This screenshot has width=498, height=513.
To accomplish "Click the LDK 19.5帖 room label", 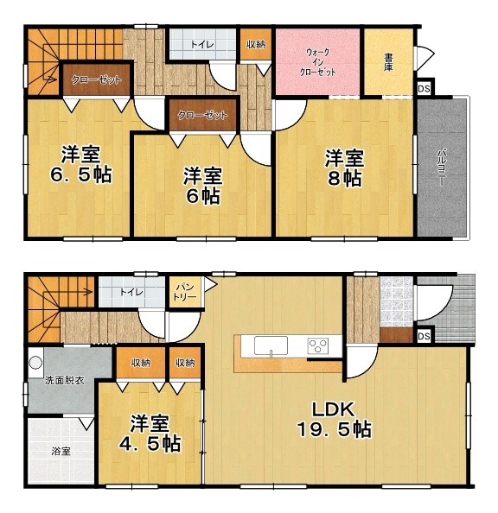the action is (x=334, y=420).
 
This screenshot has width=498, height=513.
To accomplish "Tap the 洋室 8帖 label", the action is (x=344, y=168).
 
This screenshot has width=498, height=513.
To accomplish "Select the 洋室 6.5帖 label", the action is (x=81, y=165).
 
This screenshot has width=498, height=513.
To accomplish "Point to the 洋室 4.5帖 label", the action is (x=150, y=434).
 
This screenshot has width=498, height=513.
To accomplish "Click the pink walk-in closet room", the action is (x=318, y=62).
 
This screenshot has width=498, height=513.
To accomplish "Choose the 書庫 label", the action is (x=388, y=62).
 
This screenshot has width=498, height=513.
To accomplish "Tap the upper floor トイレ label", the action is (x=202, y=44).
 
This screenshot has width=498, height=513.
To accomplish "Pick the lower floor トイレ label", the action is (x=131, y=292).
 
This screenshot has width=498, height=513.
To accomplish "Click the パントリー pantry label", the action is (x=185, y=292).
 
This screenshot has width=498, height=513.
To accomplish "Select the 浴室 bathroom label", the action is (x=61, y=451).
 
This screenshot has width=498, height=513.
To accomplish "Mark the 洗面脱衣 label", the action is (x=65, y=381).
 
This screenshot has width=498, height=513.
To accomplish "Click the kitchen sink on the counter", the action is (x=271, y=346).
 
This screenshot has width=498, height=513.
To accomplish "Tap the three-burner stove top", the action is (x=317, y=346).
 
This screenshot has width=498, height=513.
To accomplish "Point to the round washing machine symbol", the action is (x=35, y=363).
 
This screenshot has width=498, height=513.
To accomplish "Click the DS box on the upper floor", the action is (x=424, y=89).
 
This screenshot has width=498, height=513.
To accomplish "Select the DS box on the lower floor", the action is (x=424, y=336).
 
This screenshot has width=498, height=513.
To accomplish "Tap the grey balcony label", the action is (x=442, y=168).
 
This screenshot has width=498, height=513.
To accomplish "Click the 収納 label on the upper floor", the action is (x=256, y=44).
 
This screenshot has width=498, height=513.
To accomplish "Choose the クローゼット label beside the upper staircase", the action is (x=96, y=79).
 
